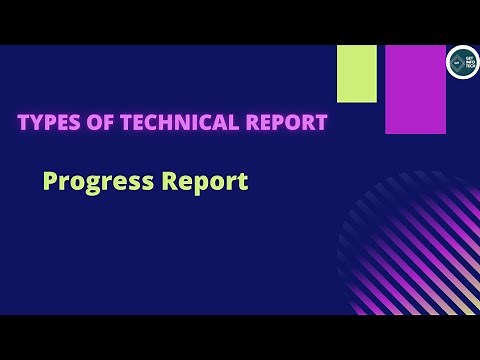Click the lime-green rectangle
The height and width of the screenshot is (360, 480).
357,73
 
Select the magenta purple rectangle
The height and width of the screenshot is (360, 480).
415,88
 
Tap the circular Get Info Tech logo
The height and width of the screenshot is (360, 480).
462,61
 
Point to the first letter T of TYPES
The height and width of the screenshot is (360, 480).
23,123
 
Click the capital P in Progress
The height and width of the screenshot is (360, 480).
51,182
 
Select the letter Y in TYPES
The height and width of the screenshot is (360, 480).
36,123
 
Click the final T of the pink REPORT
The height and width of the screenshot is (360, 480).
321,123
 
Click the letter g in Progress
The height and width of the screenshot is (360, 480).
96,186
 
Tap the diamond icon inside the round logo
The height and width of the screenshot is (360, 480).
456,61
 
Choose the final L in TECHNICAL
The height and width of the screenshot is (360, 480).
236,123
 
